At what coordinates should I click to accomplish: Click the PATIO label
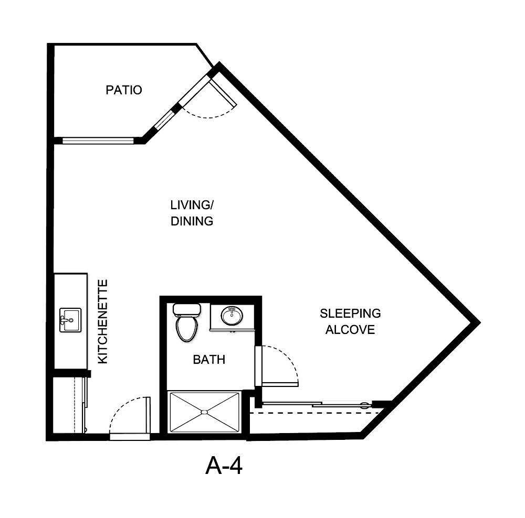124,90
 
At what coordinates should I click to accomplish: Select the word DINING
192,221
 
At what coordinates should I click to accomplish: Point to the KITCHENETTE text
103,321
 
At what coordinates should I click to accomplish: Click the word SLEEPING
350,314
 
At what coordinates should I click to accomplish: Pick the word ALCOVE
350,330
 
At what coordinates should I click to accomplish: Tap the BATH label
209,360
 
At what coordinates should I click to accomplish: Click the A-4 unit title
224,466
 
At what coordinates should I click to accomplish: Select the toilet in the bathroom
186,327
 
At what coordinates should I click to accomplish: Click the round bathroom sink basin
231,316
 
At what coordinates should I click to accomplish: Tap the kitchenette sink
70,320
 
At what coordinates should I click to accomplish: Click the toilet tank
186,309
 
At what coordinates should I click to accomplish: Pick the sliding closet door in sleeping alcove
315,404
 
